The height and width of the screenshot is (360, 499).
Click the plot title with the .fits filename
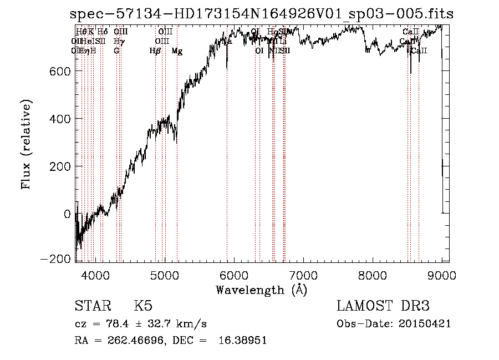point(262,14)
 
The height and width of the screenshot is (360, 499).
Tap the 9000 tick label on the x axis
point(442,275)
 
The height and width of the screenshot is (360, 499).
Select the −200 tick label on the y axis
point(57,259)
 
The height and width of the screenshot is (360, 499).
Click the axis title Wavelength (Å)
point(261,290)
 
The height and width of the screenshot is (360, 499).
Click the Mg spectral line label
point(177,51)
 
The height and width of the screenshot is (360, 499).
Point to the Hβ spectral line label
point(155,51)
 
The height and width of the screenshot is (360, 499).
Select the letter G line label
point(116,51)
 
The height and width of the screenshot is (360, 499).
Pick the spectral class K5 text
point(143,306)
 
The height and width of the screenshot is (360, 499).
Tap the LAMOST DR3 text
point(383,306)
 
